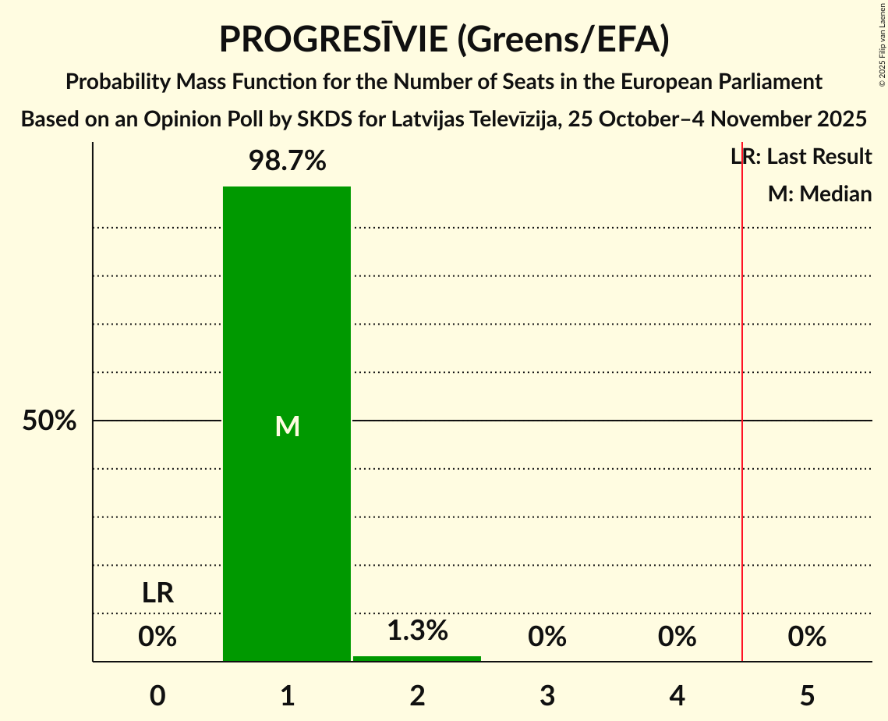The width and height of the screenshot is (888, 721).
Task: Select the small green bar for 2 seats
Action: click(417, 659)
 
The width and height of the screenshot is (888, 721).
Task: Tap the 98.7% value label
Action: click(287, 162)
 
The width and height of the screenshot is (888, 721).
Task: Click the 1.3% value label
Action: click(417, 630)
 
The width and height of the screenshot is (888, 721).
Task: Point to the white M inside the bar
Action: click(287, 426)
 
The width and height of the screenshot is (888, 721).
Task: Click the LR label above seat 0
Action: click(157, 594)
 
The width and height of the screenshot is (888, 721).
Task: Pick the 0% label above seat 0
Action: click(157, 638)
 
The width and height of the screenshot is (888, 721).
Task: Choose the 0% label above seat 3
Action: click(547, 638)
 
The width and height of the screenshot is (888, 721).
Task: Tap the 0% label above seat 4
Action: click(677, 638)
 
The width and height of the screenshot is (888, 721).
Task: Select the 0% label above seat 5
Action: click(807, 638)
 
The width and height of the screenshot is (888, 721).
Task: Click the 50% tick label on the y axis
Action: click(49, 421)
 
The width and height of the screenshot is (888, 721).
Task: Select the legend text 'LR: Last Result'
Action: click(801, 157)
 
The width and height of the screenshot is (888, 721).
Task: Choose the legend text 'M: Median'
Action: click(819, 194)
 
